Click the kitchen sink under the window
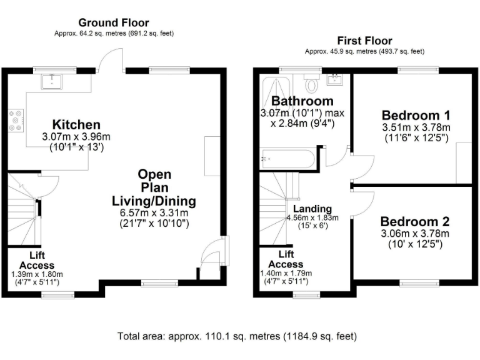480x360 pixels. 49,81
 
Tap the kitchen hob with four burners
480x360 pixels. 15,121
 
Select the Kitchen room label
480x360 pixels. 76,124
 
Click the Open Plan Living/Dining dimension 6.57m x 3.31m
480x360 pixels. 154,212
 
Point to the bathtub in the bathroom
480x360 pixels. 287,159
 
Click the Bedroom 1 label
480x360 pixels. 416,116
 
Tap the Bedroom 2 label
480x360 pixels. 414,222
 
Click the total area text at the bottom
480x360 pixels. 237,336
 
